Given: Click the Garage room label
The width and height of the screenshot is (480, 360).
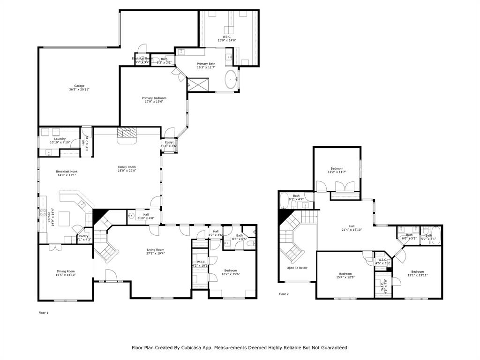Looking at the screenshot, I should tap(79, 86).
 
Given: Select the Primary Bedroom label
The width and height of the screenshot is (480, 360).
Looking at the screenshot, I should tap(154, 98).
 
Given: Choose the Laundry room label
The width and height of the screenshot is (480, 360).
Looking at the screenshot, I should tap(60, 139).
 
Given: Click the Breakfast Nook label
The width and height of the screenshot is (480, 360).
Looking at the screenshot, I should tap(67, 172).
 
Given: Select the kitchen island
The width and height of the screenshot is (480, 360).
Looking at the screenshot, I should tap(64, 218).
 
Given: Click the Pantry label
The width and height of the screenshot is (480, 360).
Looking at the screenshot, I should tap(83, 236).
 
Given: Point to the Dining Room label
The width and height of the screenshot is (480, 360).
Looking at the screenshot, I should tap(66, 271).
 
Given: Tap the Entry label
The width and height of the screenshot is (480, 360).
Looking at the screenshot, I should tap(169, 142).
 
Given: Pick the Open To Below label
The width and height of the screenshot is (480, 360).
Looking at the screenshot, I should tap(297, 268).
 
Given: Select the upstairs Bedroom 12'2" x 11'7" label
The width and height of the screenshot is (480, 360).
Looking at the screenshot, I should tap(337, 168).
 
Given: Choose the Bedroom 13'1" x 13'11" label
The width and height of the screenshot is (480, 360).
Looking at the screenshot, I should tap(417, 272).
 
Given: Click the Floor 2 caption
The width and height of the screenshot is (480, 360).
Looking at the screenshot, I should tap(284, 294).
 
